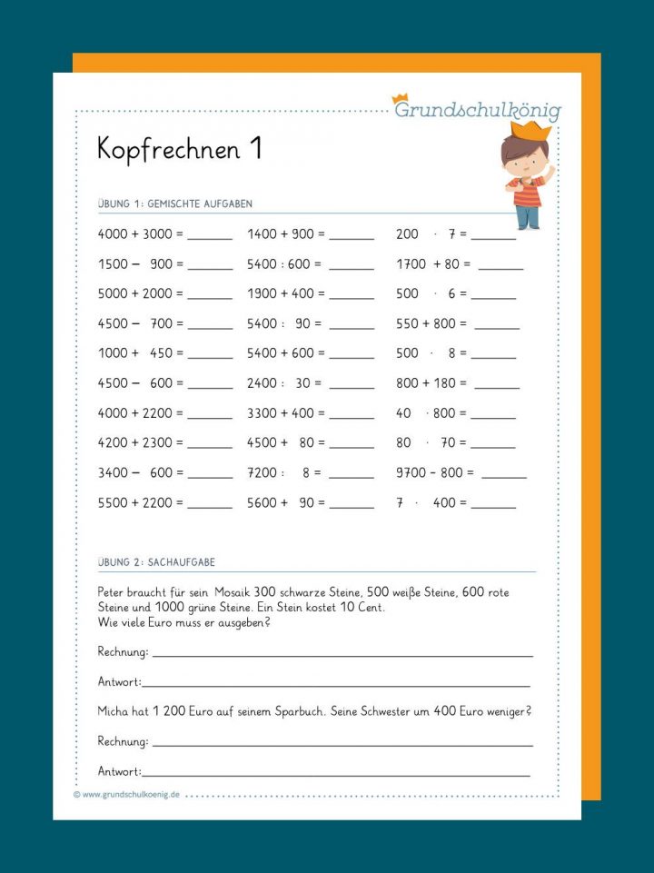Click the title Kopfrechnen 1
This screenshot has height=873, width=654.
179,150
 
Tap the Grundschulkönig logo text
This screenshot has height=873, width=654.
477,111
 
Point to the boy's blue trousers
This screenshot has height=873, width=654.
527,216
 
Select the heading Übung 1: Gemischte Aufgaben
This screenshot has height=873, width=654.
175,204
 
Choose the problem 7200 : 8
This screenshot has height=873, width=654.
284,472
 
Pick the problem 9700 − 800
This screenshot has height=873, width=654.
436,472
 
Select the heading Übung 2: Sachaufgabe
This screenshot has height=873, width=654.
156,562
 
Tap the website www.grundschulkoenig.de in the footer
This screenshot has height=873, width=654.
131,794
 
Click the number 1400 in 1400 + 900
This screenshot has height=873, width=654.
262,234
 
